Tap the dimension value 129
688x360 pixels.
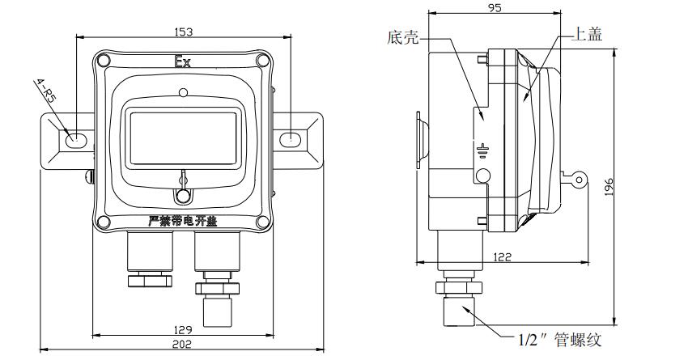pos(183,328)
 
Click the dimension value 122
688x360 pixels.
pos(503,256)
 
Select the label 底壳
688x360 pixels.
pos(402,38)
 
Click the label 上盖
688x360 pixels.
pos(588,34)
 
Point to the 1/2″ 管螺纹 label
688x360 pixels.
pos(559,341)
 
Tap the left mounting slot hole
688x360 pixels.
pos(74,139)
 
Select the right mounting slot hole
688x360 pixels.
pos(290,139)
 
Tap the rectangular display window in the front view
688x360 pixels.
pos(183,135)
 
